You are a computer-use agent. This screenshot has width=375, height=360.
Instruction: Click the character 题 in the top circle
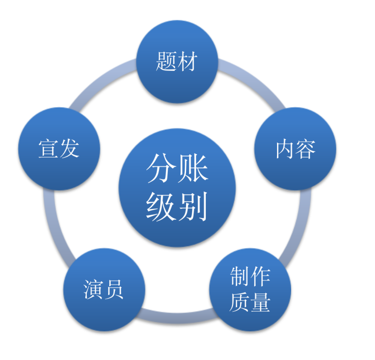[x=166, y=61]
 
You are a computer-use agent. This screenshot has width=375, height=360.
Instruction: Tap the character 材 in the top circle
[x=187, y=61]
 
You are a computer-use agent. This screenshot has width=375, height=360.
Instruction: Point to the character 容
[x=306, y=149]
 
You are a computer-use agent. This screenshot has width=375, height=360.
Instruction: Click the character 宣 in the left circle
[x=48, y=149]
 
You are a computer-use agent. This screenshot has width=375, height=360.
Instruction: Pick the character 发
[x=69, y=149]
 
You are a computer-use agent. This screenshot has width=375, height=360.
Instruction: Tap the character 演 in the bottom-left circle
[x=93, y=289]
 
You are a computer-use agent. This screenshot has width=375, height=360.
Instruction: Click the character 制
[x=240, y=276]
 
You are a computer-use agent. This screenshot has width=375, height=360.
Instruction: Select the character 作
[x=261, y=276]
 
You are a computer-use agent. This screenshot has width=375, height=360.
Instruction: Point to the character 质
[x=240, y=302]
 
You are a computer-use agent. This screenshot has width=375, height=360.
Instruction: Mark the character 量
[x=261, y=302]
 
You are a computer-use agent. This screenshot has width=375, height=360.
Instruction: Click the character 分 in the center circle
[x=161, y=168]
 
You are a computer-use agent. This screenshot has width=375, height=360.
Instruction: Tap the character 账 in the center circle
[x=193, y=168]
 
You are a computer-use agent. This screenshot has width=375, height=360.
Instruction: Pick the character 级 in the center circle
[x=161, y=206]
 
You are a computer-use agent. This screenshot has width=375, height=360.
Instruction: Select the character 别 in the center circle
[x=193, y=206]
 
